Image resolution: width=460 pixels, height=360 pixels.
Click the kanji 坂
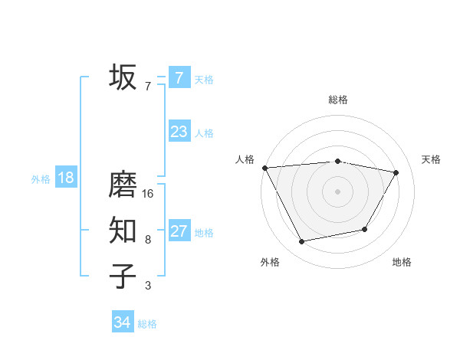[x=123, y=77]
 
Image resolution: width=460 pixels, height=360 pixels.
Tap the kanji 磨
[x=123, y=185]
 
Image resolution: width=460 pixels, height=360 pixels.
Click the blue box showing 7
[x=179, y=77]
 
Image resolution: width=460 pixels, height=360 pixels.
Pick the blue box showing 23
[x=179, y=132]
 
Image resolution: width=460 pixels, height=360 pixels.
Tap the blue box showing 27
[x=179, y=231]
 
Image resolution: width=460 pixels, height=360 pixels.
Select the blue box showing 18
[x=66, y=178]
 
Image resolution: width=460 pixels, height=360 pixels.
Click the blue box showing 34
[x=123, y=322]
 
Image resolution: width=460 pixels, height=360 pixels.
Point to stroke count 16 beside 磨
[x=148, y=194]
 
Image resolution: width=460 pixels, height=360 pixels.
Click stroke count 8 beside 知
[x=148, y=240]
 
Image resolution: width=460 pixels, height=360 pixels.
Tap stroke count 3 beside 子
[x=148, y=286]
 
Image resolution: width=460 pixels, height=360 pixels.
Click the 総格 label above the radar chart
[x=337, y=100]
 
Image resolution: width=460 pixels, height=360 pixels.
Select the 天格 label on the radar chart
[x=432, y=159]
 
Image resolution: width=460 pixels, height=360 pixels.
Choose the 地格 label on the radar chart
[x=402, y=262]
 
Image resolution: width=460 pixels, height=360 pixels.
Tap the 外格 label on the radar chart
[x=270, y=262]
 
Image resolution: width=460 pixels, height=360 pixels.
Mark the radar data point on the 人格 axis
[x=264, y=167]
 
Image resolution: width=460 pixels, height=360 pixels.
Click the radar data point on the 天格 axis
[x=396, y=172]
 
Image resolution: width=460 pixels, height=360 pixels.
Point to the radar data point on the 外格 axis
[x=302, y=242]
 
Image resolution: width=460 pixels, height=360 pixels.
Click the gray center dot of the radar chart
[x=337, y=191]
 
